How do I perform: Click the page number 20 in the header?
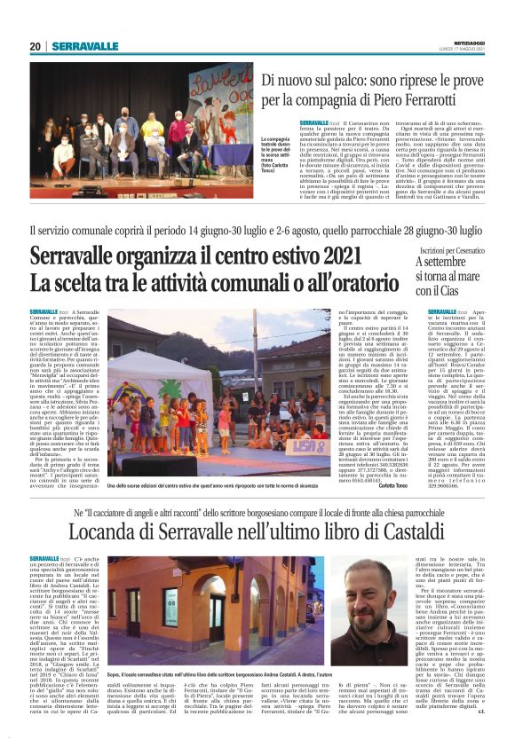tap(36, 46)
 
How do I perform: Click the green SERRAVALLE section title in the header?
tap(84, 46)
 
